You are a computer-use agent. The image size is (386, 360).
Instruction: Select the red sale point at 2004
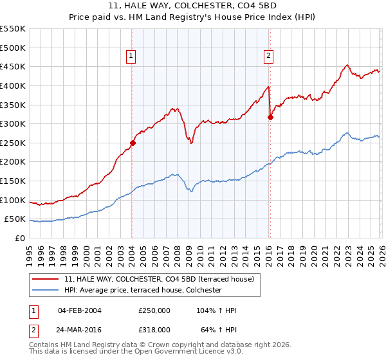tap(133, 143)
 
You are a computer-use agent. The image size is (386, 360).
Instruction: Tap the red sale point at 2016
tap(270, 117)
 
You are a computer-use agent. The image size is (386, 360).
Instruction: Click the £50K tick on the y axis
tap(15, 219)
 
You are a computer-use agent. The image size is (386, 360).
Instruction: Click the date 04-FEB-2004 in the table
tap(79, 310)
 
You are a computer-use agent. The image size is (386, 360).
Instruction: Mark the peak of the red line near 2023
tap(347, 64)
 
